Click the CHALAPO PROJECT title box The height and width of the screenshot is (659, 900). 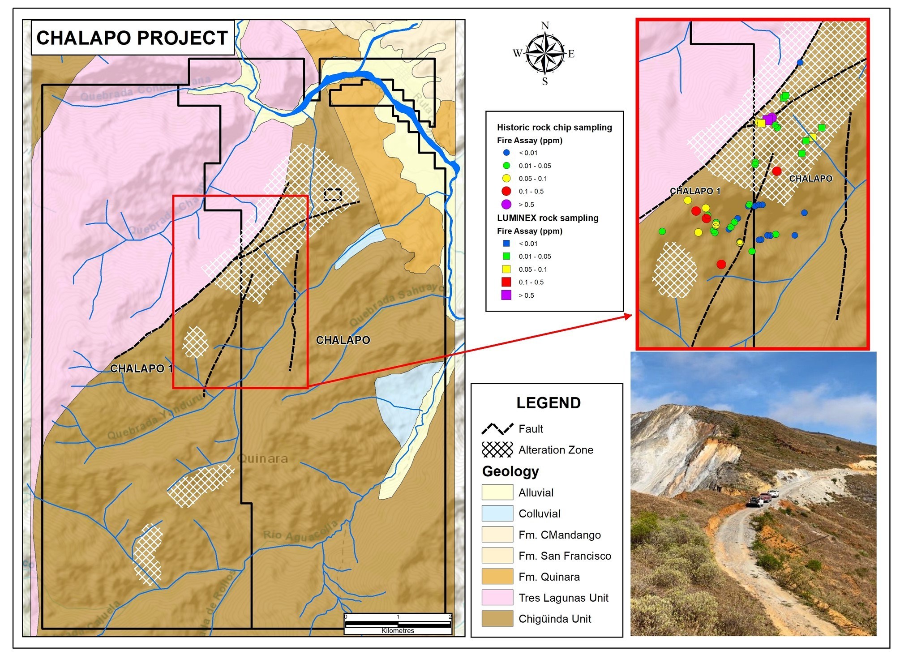point(133,38)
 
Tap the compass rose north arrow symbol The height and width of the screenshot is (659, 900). point(545,53)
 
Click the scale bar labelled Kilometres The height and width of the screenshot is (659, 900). point(398,624)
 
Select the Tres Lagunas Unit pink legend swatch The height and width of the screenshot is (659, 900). point(497,598)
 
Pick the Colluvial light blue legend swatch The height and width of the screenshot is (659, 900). point(497,514)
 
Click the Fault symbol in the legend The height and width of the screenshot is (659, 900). point(497,429)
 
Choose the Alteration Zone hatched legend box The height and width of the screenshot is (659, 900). point(497,449)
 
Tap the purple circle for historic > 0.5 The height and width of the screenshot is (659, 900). point(506,204)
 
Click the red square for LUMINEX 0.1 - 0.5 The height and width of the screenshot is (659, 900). point(506,282)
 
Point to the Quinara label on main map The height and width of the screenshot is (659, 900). point(262,458)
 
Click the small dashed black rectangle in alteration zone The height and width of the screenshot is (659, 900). point(333,194)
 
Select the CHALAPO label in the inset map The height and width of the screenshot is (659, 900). point(810,179)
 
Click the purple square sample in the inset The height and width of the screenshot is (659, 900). point(767,120)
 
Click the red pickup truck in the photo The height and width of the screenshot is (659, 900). point(773,494)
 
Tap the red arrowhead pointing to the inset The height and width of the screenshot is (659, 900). point(629,316)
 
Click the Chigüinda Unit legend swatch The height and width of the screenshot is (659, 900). point(497,619)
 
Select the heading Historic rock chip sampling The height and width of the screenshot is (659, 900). point(554,127)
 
